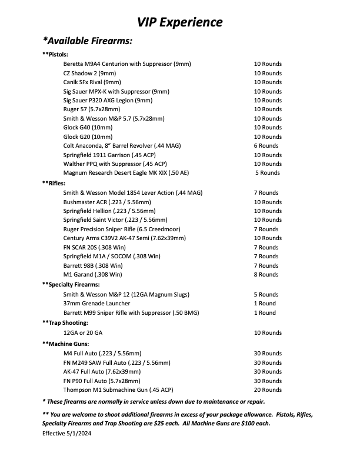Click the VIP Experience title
(180, 22)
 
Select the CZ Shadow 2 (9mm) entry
(89, 73)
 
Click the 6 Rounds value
(266, 145)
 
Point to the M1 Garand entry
(92, 274)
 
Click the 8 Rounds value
(266, 274)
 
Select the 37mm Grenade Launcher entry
(95, 304)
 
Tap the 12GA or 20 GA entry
(84, 333)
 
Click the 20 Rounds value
(268, 390)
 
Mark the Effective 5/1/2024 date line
(68, 433)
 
